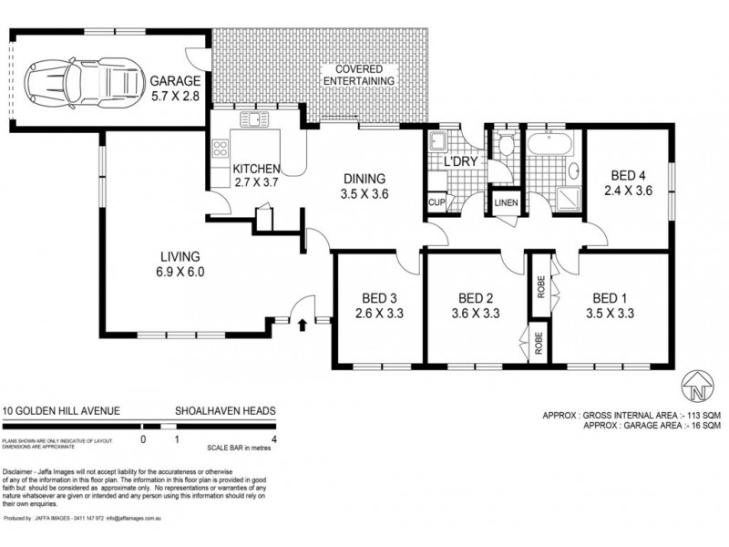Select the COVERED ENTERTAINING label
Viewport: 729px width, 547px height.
[x=364, y=75]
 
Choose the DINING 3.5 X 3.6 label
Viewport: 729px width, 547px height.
[x=364, y=186]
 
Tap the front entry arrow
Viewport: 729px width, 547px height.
[x=303, y=322]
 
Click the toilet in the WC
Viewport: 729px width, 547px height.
[x=505, y=142]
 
